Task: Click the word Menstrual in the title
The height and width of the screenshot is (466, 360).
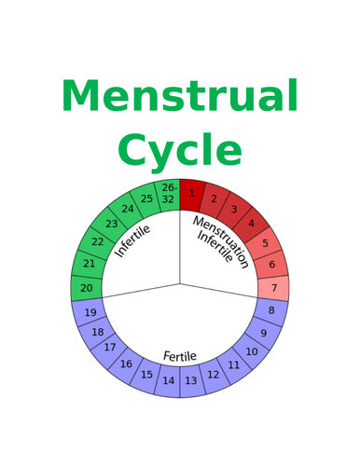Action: (x=180, y=97)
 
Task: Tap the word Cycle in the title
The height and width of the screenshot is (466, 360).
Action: (x=180, y=150)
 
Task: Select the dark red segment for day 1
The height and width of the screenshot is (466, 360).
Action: (x=192, y=193)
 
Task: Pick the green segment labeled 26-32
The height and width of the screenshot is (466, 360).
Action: (x=168, y=193)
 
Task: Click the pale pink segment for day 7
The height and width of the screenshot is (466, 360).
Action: (x=272, y=288)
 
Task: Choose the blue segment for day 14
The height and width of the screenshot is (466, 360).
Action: (x=169, y=380)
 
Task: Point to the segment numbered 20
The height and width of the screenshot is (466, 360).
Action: (x=87, y=288)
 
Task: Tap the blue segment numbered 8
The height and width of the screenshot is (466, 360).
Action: (x=271, y=310)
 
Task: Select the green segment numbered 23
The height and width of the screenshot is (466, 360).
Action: (x=111, y=224)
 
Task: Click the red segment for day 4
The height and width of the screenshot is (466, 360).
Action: (x=250, y=224)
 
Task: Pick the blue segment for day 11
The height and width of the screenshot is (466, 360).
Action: (x=233, y=365)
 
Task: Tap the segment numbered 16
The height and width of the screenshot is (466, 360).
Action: (x=126, y=364)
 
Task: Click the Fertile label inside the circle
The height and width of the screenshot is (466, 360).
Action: (x=180, y=356)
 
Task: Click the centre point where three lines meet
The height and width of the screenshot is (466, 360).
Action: (x=180, y=281)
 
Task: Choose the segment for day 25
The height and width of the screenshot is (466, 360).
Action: (x=146, y=199)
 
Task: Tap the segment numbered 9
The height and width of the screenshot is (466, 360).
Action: (x=263, y=333)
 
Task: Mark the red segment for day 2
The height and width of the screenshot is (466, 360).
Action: (x=215, y=199)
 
